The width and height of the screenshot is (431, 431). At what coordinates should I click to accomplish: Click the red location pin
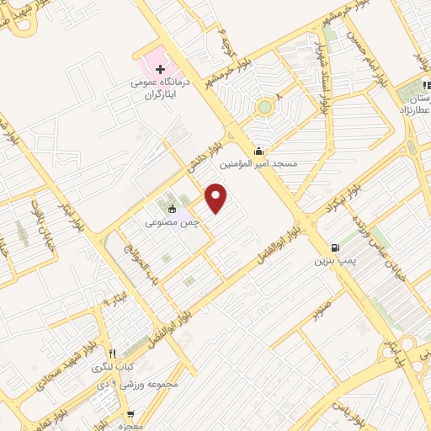tap(217, 199)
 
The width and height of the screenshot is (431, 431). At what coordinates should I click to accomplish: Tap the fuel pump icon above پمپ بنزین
tap(336, 248)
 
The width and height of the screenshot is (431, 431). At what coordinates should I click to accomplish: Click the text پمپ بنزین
tap(331, 262)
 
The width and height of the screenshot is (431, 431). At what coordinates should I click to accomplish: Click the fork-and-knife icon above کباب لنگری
tap(114, 354)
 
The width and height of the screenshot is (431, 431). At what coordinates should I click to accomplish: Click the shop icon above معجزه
tap(130, 413)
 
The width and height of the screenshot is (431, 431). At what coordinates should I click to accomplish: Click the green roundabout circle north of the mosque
tap(266, 107)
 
